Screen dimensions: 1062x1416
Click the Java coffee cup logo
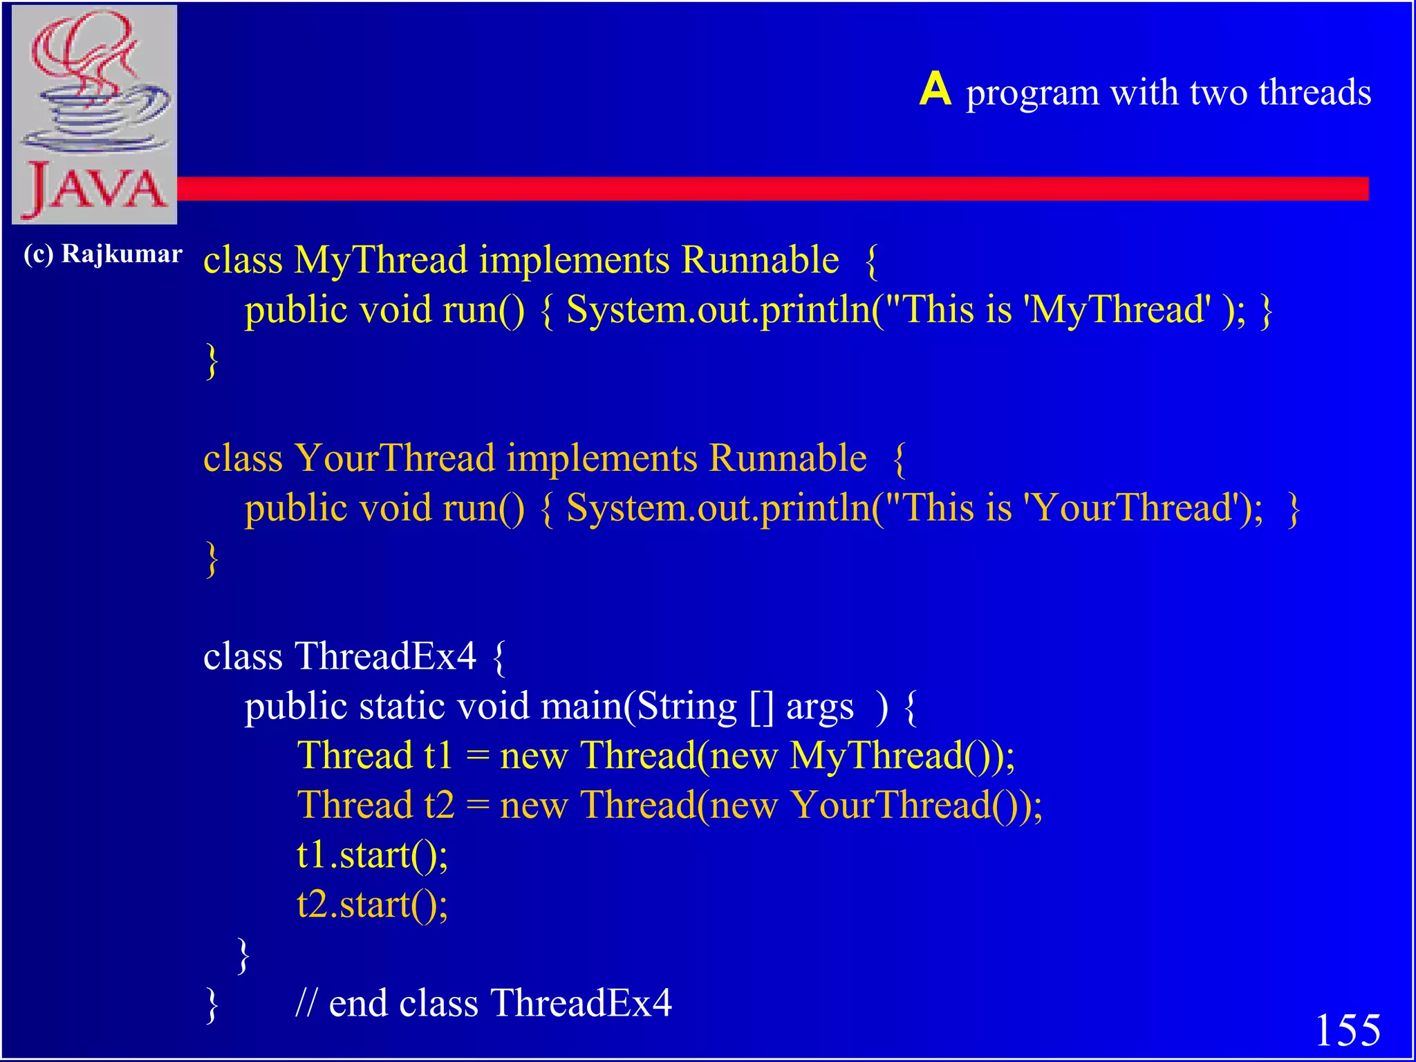pyautogui.click(x=95, y=114)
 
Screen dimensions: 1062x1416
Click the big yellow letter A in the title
pyautogui.click(x=935, y=90)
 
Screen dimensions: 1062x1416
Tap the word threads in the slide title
pyautogui.click(x=1314, y=93)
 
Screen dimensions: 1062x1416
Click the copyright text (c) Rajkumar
pyautogui.click(x=102, y=254)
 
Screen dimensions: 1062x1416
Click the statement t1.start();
pyautogui.click(x=372, y=855)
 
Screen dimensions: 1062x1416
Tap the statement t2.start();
pyautogui.click(x=372, y=905)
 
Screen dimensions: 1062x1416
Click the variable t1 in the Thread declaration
pyautogui.click(x=438, y=756)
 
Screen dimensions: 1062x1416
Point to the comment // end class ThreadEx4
pyautogui.click(x=483, y=1003)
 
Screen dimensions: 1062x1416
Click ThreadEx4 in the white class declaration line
pyautogui.click(x=385, y=656)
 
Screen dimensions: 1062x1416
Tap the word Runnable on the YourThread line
pyautogui.click(x=788, y=458)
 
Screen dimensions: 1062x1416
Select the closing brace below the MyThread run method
pyautogui.click(x=212, y=360)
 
